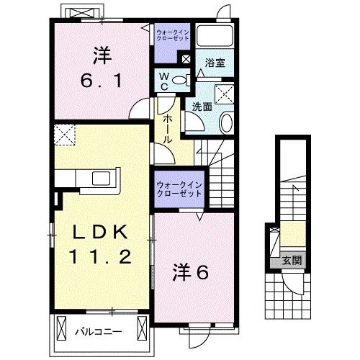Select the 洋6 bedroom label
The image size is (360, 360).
coord(191,273)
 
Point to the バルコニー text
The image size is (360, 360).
coord(99,332)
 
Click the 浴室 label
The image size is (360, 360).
coord(213,63)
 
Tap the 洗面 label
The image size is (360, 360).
coord(202,107)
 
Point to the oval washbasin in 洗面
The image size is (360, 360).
coord(225,122)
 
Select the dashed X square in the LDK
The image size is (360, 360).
coord(65,133)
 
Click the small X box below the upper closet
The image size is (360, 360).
coord(186,60)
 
